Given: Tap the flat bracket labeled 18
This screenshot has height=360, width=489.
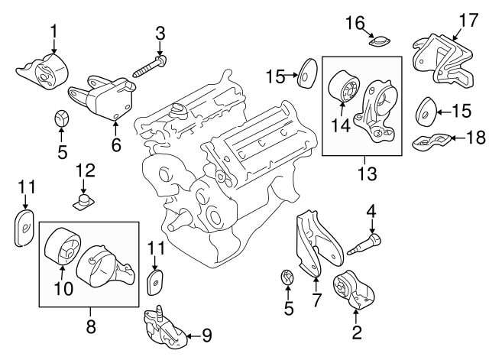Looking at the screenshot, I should coord(432,141).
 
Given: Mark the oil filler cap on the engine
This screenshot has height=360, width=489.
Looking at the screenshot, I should coord(180,112).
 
